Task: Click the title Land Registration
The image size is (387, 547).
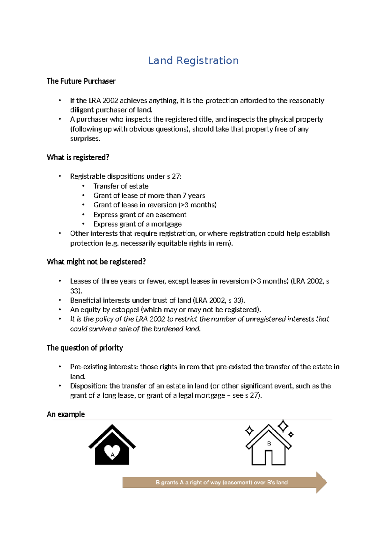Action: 193,61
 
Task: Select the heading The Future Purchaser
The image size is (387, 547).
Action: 81,81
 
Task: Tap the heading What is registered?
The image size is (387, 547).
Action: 78,157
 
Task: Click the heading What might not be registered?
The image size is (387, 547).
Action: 96,262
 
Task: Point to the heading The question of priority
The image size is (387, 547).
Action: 85,348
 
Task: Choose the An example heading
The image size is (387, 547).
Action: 66,414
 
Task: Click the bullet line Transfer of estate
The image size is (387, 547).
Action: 121,186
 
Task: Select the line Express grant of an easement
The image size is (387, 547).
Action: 140,215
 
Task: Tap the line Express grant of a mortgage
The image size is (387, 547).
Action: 137,224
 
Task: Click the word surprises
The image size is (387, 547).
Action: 85,139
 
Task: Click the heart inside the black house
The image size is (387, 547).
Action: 112,452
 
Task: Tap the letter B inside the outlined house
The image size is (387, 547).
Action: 269,444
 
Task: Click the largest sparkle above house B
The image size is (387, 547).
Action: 283,426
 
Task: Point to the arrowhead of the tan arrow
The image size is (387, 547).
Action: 322,482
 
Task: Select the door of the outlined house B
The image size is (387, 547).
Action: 269,457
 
